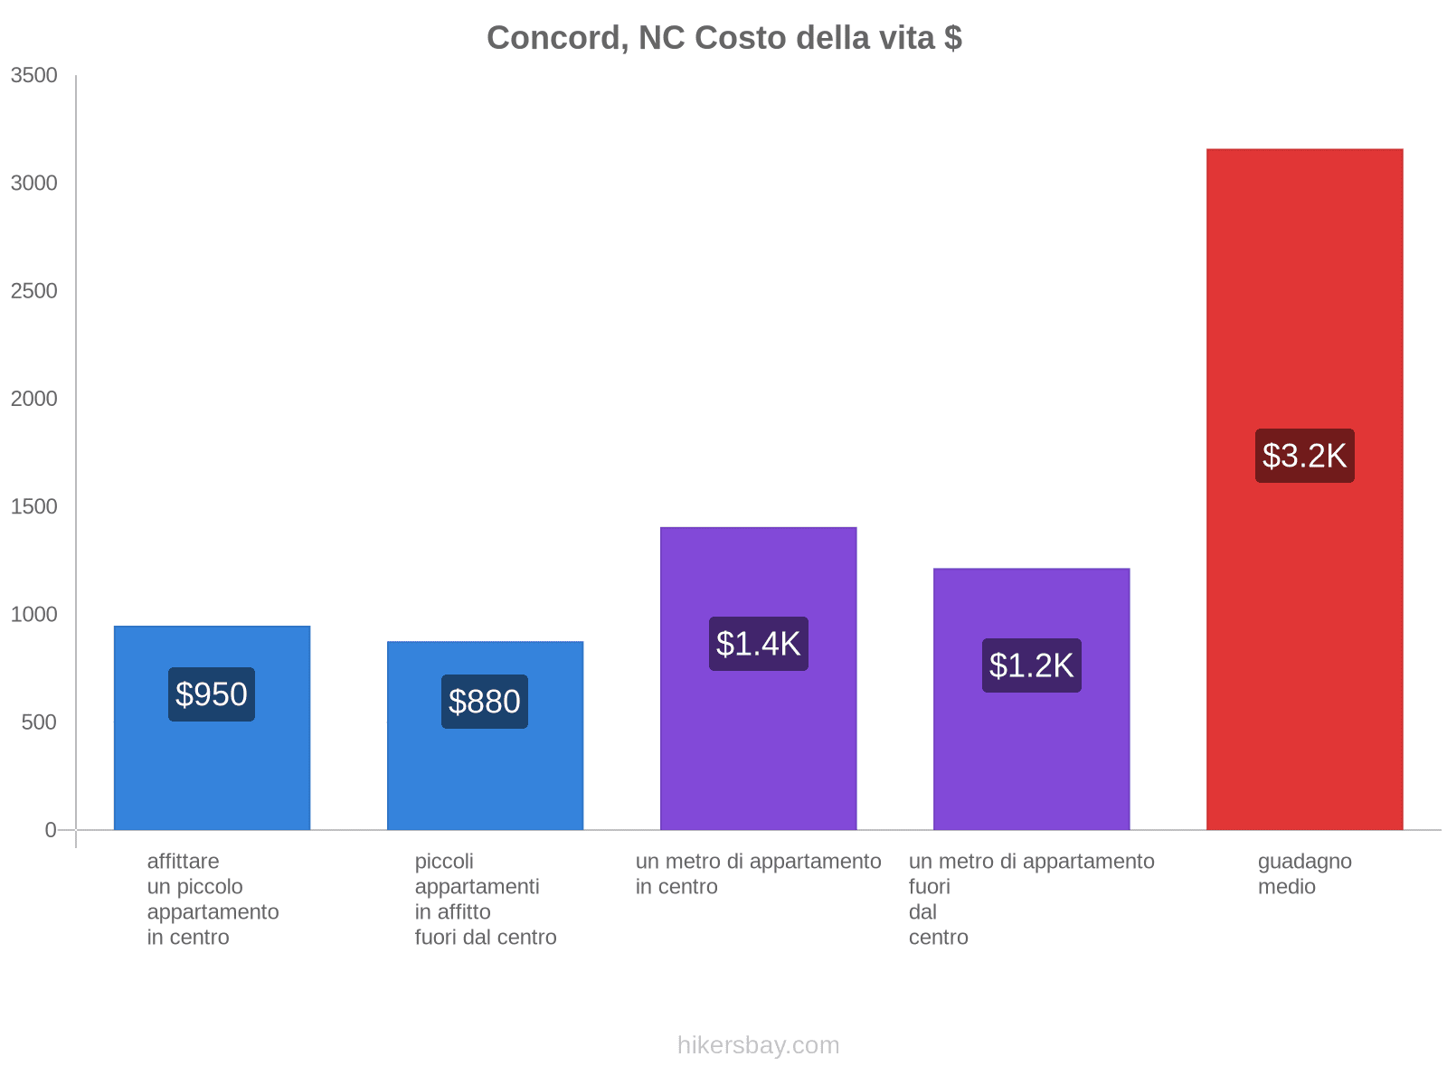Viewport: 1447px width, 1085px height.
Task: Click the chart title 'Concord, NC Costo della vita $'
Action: pyautogui.click(x=723, y=38)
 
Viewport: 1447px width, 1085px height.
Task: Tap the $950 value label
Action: pyautogui.click(x=212, y=694)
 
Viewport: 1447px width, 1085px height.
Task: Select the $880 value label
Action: pyautogui.click(x=485, y=702)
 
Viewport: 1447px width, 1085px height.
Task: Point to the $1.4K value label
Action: pyautogui.click(x=758, y=644)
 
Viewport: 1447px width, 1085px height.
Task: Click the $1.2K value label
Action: pyautogui.click(x=1031, y=665)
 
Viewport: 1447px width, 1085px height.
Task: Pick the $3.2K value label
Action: pyautogui.click(x=1304, y=456)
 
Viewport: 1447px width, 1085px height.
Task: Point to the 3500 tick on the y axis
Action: pyautogui.click(x=34, y=76)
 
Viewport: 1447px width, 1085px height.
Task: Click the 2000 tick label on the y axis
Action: pyautogui.click(x=34, y=399)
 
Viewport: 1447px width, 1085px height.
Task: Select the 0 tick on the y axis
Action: pyautogui.click(x=51, y=830)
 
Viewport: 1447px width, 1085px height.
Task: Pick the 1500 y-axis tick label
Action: pyautogui.click(x=34, y=506)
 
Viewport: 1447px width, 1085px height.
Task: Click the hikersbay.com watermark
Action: pyautogui.click(x=758, y=1045)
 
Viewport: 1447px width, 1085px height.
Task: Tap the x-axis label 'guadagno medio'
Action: pyautogui.click(x=1304, y=874)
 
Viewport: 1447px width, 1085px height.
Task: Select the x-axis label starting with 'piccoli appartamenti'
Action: pyautogui.click(x=485, y=900)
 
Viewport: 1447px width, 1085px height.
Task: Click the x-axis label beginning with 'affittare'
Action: pyautogui.click(x=213, y=900)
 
